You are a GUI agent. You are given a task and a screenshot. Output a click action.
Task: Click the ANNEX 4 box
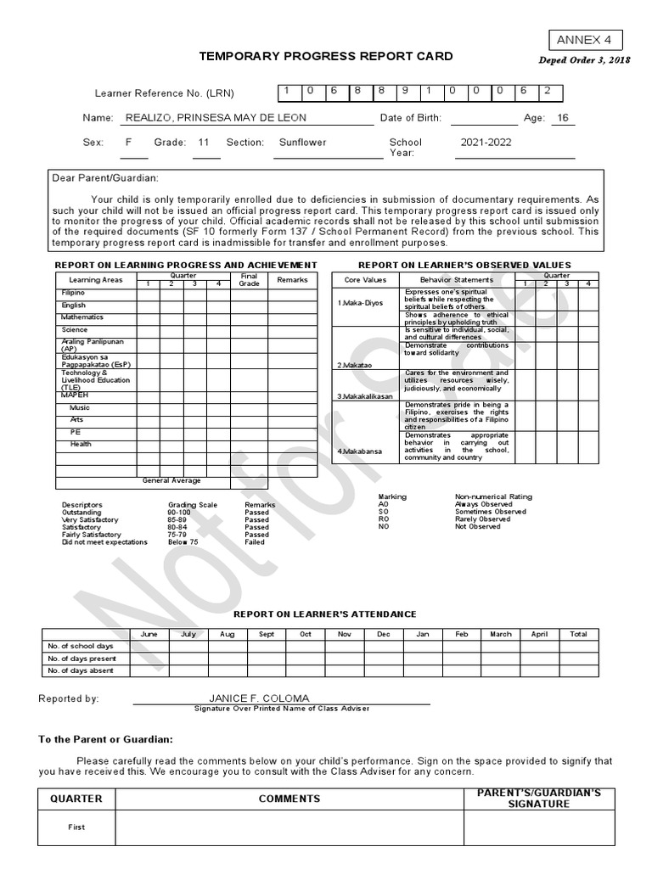pyautogui.click(x=584, y=40)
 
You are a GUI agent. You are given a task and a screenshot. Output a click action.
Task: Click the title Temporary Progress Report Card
pyautogui.click(x=326, y=56)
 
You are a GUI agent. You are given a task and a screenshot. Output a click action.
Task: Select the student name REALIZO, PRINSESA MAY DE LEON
pyautogui.click(x=216, y=118)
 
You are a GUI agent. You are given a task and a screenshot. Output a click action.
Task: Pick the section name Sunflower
pyautogui.click(x=302, y=143)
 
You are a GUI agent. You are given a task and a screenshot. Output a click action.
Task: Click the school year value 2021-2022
pyautogui.click(x=486, y=143)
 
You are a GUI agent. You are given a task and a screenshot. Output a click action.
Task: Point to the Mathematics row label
pyautogui.click(x=82, y=317)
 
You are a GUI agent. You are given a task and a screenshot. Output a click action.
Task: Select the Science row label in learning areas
pyautogui.click(x=74, y=330)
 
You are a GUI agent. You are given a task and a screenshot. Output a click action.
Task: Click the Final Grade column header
pyautogui.click(x=249, y=279)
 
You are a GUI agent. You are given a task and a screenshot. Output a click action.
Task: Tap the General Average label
pyautogui.click(x=171, y=480)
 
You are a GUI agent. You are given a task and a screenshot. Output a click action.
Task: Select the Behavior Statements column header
pyautogui.click(x=456, y=279)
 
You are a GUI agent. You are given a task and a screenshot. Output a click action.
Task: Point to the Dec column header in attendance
pyautogui.click(x=384, y=634)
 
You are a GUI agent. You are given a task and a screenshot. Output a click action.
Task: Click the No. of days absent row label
pyautogui.click(x=81, y=670)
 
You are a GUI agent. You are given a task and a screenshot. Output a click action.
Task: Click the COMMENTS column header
pyautogui.click(x=289, y=799)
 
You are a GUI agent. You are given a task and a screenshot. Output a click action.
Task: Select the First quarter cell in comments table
pyautogui.click(x=76, y=827)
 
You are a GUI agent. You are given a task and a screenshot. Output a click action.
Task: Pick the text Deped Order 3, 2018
pyautogui.click(x=584, y=61)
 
